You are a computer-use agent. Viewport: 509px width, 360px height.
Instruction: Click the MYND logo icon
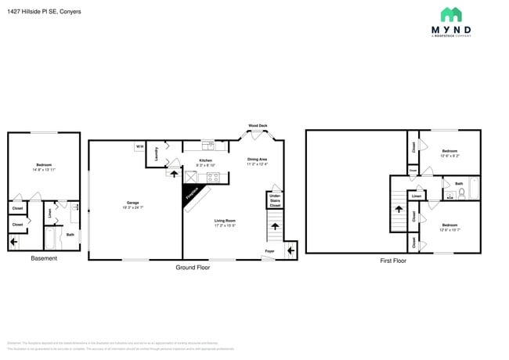pos(450,14)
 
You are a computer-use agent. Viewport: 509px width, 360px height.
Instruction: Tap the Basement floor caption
pos(44,258)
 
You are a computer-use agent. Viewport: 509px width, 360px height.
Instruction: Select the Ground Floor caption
pos(193,267)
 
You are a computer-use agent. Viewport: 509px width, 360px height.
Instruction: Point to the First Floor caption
pos(393,261)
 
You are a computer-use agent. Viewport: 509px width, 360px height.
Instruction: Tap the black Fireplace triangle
pos(190,194)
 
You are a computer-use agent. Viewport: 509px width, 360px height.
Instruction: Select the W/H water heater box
pos(139,146)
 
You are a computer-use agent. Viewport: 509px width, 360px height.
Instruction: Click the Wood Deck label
pos(258,125)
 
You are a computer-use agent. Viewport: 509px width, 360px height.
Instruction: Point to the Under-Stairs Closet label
pos(275,202)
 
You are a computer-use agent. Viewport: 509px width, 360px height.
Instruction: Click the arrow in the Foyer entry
pos(291,250)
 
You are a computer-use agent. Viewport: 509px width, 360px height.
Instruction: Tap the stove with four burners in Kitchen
pos(213,178)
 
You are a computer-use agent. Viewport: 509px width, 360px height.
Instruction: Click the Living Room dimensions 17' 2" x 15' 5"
pos(225,225)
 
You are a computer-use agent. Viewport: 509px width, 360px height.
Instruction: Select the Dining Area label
pos(258,160)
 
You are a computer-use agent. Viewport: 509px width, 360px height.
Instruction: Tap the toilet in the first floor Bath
pos(462,191)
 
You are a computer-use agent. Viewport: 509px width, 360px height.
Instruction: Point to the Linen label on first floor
pos(417,196)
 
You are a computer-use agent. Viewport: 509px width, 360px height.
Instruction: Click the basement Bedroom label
pos(44,164)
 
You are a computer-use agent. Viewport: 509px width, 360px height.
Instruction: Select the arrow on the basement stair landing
pos(13,243)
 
